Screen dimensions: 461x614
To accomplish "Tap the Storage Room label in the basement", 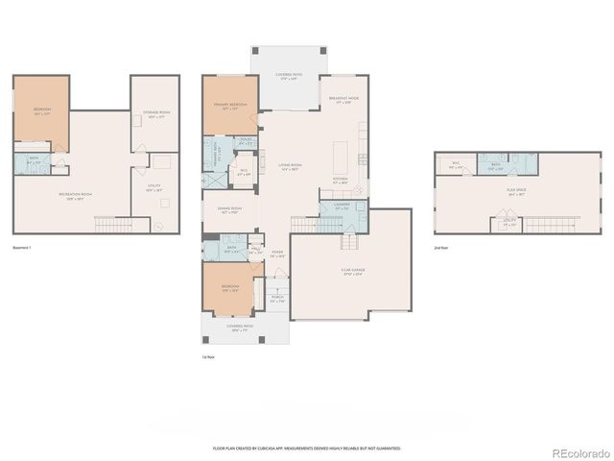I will tap(156, 117).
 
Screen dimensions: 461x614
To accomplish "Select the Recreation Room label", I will tap(74, 196).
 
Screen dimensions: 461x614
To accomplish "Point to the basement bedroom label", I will tap(40, 110).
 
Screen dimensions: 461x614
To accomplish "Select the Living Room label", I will tap(290, 166).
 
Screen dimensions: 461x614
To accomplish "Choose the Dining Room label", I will tap(230, 209).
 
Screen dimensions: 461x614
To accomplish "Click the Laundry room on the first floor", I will tap(342, 206).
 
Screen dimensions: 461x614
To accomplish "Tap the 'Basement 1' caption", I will tap(24, 249).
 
